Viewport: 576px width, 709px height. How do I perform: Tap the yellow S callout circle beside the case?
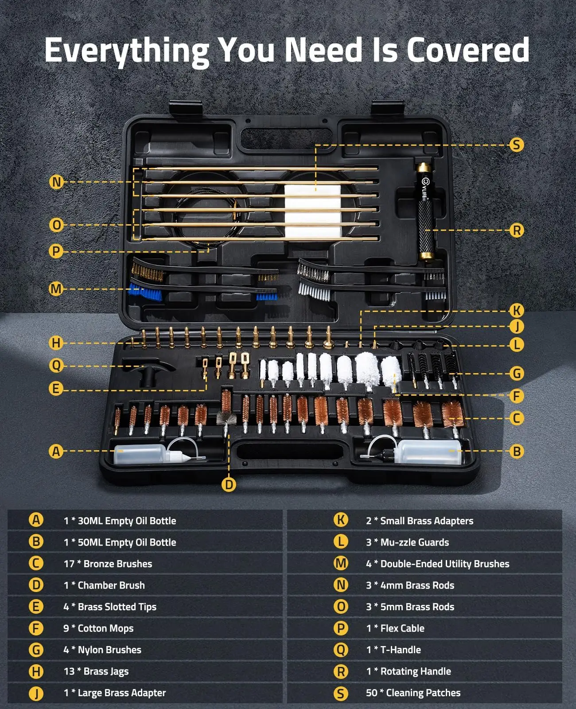click(x=517, y=145)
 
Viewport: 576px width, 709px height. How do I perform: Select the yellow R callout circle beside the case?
click(x=517, y=230)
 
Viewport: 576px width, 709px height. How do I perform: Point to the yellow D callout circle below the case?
click(x=229, y=485)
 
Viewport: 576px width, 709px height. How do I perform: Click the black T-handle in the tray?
click(x=148, y=372)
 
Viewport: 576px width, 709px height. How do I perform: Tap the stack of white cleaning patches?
click(x=313, y=211)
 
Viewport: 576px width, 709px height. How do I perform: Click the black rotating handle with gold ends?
click(x=425, y=212)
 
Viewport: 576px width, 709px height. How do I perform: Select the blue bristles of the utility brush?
click(x=145, y=292)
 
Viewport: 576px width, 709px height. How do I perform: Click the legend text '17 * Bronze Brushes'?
click(x=108, y=564)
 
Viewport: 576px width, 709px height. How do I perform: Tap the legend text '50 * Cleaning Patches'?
click(x=413, y=693)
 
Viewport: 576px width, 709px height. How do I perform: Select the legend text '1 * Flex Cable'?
click(x=395, y=628)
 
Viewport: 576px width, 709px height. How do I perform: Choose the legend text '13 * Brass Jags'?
click(x=96, y=671)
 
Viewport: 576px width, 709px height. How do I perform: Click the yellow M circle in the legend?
click(x=341, y=563)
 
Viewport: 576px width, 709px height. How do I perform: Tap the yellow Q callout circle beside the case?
click(x=56, y=366)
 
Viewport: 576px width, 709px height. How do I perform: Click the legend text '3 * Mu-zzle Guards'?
click(x=407, y=542)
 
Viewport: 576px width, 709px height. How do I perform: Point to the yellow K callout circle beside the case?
click(x=517, y=311)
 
